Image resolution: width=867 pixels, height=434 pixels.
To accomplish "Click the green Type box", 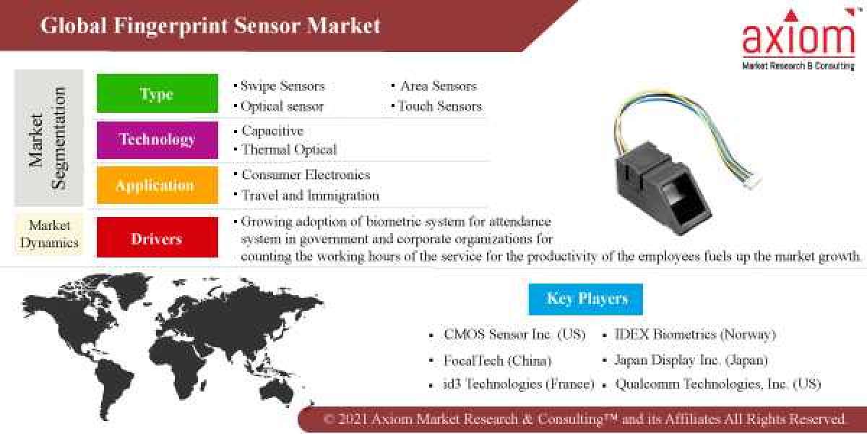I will tap(157, 94).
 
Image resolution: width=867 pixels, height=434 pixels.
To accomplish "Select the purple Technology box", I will tap(157, 139).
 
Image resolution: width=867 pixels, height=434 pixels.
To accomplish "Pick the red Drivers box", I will tap(157, 238).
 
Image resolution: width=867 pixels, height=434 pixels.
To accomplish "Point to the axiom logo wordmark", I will tap(798, 40).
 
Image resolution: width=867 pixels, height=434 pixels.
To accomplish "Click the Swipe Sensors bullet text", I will tap(282, 86).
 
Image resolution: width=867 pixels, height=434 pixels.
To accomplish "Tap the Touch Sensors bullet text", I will tap(439, 106).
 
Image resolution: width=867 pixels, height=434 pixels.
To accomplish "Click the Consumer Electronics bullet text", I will tap(306, 175).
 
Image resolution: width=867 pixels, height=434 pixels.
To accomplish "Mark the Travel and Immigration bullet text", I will tap(310, 195).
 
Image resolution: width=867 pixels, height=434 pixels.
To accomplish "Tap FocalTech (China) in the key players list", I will tap(498, 360).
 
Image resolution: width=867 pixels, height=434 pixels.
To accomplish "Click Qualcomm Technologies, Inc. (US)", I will tap(718, 385).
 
